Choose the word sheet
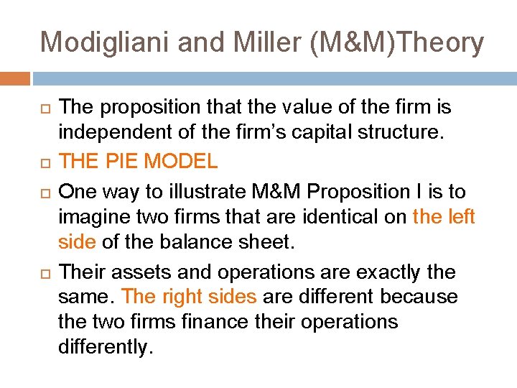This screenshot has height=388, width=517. pyautogui.click(x=270, y=242)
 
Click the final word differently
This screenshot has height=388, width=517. pyautogui.click(x=105, y=347)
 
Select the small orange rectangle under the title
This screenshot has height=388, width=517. pyautogui.click(x=15, y=78)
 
